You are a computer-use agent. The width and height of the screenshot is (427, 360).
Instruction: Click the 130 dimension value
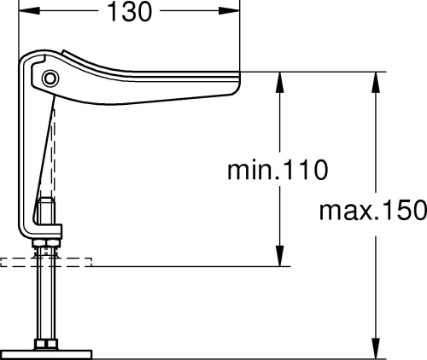(130, 12)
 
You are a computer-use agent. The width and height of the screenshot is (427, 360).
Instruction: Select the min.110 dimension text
(278, 170)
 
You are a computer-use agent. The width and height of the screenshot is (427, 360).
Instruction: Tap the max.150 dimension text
(373, 210)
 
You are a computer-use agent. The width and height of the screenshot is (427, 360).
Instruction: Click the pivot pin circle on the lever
(50, 78)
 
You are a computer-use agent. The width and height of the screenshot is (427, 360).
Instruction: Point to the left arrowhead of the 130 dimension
(28, 11)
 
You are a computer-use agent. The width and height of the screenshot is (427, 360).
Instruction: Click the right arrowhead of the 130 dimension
(230, 11)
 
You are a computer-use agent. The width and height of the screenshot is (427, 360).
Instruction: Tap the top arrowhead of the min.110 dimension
(280, 82)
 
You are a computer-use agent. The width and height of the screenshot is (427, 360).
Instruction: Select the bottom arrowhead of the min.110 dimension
(280, 256)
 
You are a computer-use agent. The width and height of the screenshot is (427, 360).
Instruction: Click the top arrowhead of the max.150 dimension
(376, 82)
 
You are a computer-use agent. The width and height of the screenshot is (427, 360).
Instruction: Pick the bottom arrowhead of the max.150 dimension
(376, 348)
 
